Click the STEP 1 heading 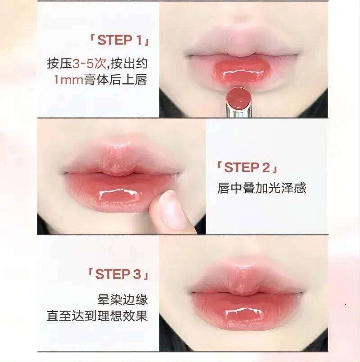119,41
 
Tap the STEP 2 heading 247,167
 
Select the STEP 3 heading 118,274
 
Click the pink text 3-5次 89,63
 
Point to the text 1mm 68,80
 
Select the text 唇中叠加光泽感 261,188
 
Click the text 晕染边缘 122,299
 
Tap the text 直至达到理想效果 97,316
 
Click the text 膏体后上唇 116,80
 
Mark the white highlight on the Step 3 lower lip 244,312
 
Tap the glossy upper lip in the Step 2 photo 120,159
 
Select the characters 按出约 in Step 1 129,63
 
